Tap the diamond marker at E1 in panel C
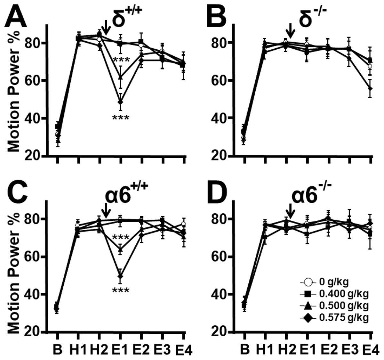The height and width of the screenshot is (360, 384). point(120,276)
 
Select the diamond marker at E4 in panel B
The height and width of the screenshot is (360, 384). point(370,88)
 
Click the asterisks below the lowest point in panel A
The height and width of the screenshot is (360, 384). point(120,118)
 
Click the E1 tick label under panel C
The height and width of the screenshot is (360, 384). point(120,350)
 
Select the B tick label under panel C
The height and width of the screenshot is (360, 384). point(57,350)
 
